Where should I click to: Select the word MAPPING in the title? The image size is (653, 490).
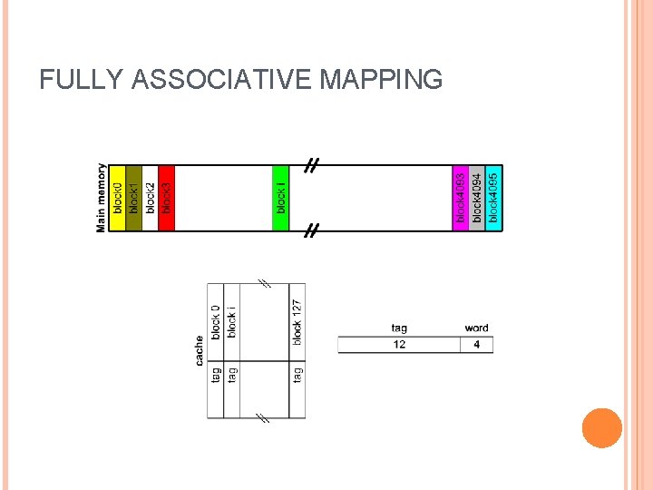pyautogui.click(x=381, y=80)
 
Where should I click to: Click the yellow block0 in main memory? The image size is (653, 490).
pyautogui.click(x=117, y=198)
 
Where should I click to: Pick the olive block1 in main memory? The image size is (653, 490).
pyautogui.click(x=133, y=198)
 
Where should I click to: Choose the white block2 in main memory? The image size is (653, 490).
pyautogui.click(x=150, y=198)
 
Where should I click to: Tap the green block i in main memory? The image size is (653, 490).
pyautogui.click(x=281, y=198)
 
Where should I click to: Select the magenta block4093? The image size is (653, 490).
pyautogui.click(x=461, y=198)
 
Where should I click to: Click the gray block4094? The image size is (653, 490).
pyautogui.click(x=477, y=198)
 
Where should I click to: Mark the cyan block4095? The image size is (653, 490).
pyautogui.click(x=493, y=198)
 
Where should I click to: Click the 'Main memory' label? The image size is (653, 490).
pyautogui.click(x=101, y=198)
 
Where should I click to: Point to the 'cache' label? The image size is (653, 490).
pyautogui.click(x=200, y=351)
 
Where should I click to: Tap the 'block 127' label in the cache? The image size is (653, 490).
pyautogui.click(x=297, y=320)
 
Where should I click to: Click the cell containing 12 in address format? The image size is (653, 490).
pyautogui.click(x=399, y=345)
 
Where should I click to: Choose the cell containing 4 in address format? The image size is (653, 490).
pyautogui.click(x=477, y=345)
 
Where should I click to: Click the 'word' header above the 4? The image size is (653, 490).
pyautogui.click(x=476, y=328)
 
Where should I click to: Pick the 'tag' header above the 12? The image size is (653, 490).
pyautogui.click(x=399, y=328)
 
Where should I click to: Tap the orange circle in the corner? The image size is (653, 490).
pyautogui.click(x=601, y=428)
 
